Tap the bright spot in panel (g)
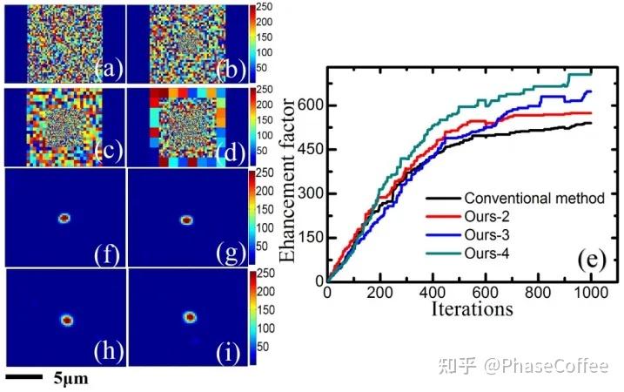pos(185,220)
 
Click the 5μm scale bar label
pos(70,380)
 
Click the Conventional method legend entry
pos(534,198)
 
